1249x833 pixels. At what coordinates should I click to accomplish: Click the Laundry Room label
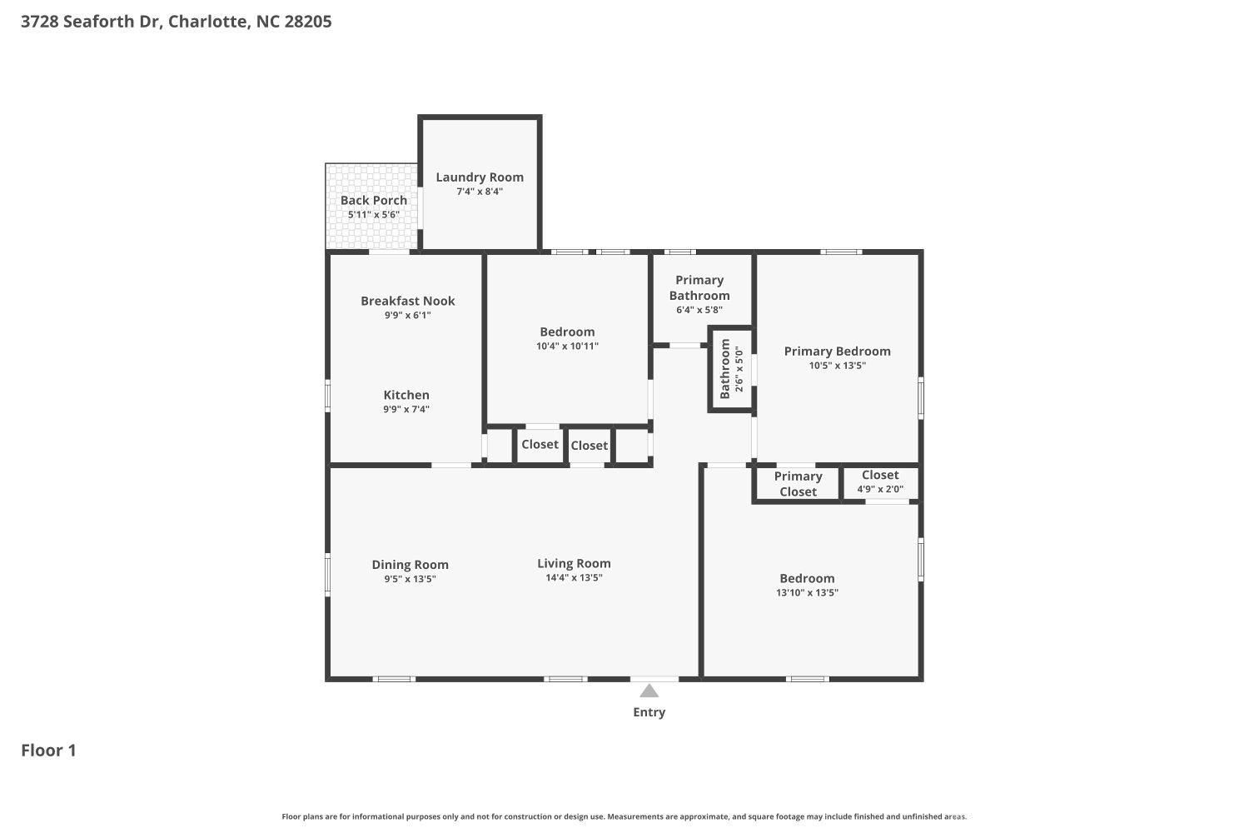point(480,177)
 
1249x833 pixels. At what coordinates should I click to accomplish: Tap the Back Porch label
point(373,200)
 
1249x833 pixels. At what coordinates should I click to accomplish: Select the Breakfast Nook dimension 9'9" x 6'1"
point(407,316)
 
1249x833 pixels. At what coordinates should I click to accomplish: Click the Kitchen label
point(406,395)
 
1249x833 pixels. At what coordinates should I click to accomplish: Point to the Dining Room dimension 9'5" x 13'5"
point(410,579)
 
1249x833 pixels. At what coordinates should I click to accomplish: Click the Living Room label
point(574,563)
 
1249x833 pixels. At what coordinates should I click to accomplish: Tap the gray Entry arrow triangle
point(649,691)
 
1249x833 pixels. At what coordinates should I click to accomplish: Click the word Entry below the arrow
point(649,712)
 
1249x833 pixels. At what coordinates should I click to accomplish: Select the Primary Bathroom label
point(699,287)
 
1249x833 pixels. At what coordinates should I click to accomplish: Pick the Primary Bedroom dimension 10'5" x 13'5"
point(837,366)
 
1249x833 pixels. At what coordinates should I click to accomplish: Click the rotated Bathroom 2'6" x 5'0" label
point(731,368)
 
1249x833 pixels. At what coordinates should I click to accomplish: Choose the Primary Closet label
point(798,484)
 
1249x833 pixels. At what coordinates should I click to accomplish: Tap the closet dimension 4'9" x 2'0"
point(880,489)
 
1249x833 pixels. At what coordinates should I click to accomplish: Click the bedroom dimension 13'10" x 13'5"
point(807,593)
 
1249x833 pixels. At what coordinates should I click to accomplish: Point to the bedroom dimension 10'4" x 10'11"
point(567,347)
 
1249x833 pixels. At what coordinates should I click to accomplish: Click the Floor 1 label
point(48,751)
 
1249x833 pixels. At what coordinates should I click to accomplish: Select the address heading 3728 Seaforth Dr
point(176,22)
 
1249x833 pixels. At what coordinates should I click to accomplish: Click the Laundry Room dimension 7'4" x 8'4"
point(480,192)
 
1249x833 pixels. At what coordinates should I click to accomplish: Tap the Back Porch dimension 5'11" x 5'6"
point(373,215)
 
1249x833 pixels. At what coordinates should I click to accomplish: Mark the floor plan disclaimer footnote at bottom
point(624,817)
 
